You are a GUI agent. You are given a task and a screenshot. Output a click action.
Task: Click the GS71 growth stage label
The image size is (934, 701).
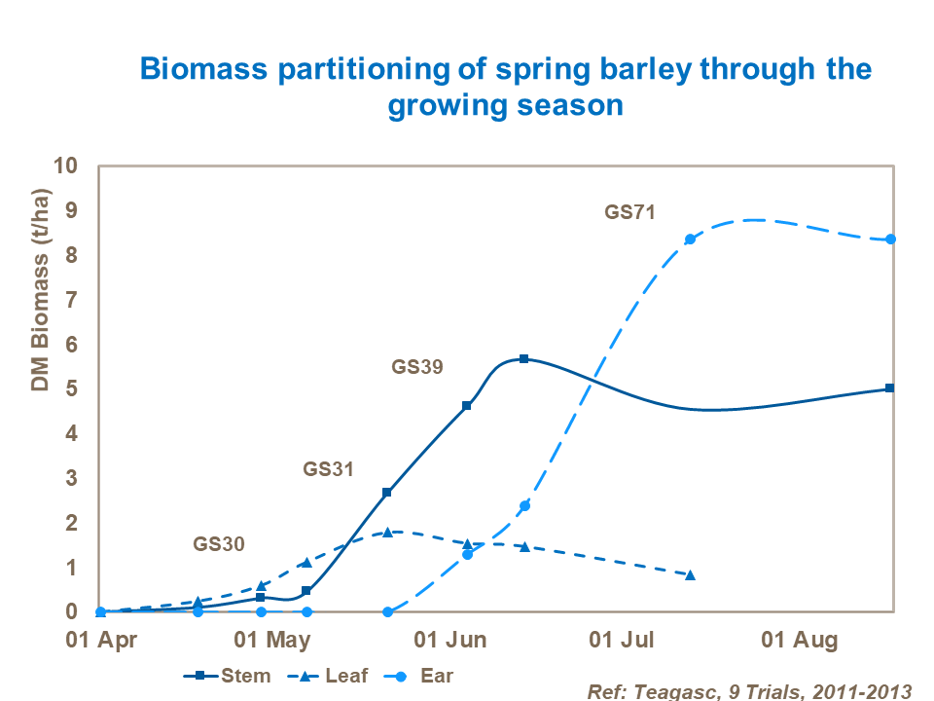pyautogui.click(x=629, y=212)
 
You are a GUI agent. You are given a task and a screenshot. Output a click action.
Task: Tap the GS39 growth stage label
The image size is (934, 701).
pyautogui.click(x=417, y=368)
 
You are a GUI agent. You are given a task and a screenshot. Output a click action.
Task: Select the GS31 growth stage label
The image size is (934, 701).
pyautogui.click(x=328, y=468)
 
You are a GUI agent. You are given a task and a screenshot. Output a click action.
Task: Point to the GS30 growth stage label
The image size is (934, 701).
pyautogui.click(x=219, y=544)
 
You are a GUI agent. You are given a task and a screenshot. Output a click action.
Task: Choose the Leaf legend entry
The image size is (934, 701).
pyautogui.click(x=331, y=676)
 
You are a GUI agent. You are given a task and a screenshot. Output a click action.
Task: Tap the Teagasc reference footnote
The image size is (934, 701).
pyautogui.click(x=749, y=690)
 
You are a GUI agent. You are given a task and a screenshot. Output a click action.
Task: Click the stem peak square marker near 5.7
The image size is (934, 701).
pyautogui.click(x=523, y=359)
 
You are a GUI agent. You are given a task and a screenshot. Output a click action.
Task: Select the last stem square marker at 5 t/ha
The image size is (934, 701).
pyautogui.click(x=890, y=388)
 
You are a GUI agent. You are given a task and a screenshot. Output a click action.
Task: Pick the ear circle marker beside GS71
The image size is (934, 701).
pyautogui.click(x=690, y=240)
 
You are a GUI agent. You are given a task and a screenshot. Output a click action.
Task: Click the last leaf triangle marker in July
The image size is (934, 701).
pyautogui.click(x=691, y=575)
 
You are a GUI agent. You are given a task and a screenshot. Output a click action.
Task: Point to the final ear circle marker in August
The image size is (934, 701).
pyautogui.click(x=890, y=240)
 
